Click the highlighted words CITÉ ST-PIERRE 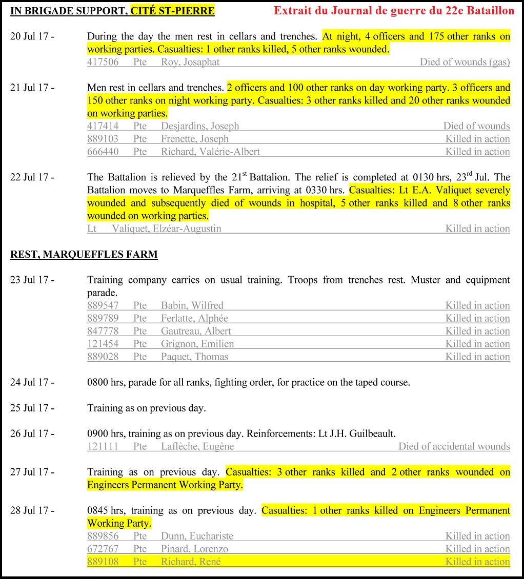pyautogui.click(x=172, y=11)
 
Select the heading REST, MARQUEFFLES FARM pyautogui.click(x=84, y=254)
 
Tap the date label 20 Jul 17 pyautogui.click(x=32, y=36)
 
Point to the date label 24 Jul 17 pyautogui.click(x=32, y=382)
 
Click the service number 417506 pyautogui.click(x=103, y=62)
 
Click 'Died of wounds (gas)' pyautogui.click(x=465, y=62)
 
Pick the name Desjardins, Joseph pyautogui.click(x=200, y=126)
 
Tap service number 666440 pyautogui.click(x=103, y=152)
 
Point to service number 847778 pyautogui.click(x=103, y=331)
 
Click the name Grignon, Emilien pyautogui.click(x=197, y=344)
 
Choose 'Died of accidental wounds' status pyautogui.click(x=454, y=446)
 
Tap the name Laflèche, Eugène pyautogui.click(x=197, y=446)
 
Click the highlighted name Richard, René pyautogui.click(x=191, y=562)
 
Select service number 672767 pyautogui.click(x=103, y=549)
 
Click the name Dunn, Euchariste pyautogui.click(x=197, y=536)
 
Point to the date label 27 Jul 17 pyautogui.click(x=32, y=472)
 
